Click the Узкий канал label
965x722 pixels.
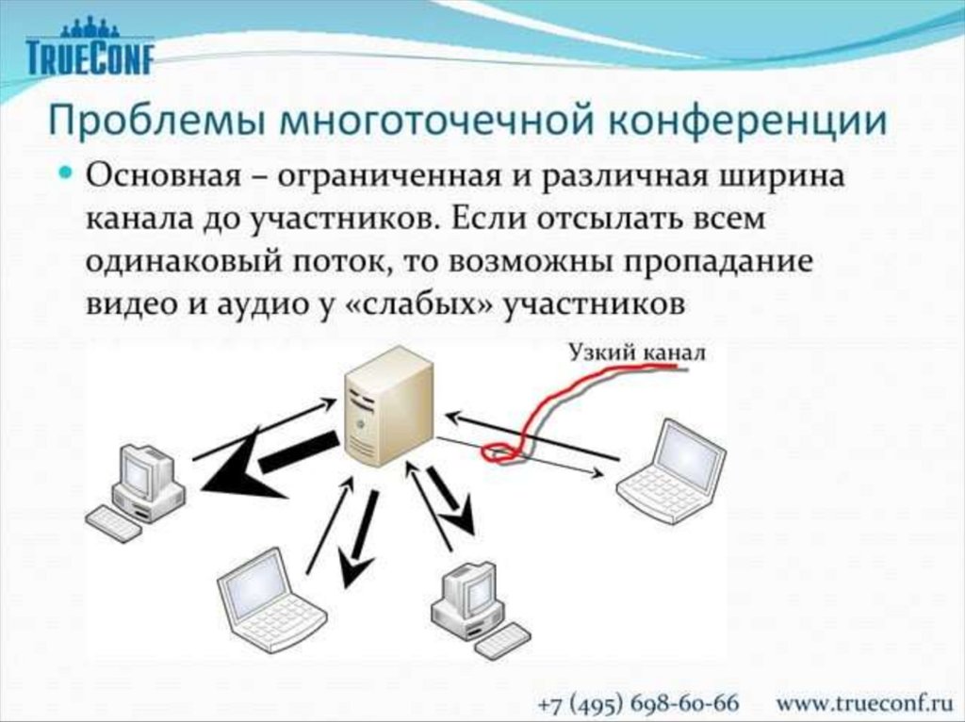[x=635, y=353]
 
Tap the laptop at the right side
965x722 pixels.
[x=674, y=471]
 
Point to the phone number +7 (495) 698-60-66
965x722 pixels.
[x=638, y=703]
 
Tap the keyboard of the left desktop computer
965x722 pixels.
[x=113, y=523]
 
